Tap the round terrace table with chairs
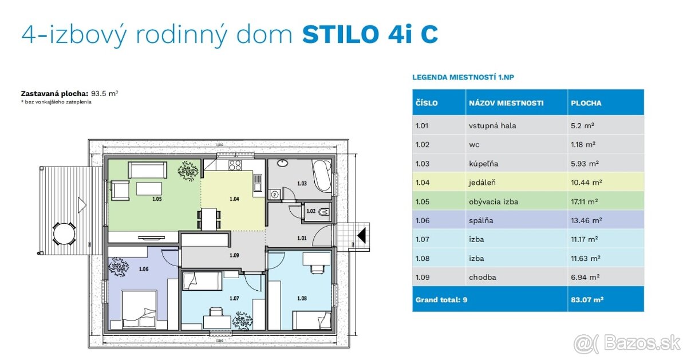64,233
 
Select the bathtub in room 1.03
320,175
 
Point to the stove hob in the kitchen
235,166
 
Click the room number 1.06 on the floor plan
144,268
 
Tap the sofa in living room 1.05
148,169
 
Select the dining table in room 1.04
210,218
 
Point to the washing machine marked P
275,195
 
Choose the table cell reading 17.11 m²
585,201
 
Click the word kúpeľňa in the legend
483,164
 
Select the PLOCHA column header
586,104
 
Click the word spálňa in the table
481,220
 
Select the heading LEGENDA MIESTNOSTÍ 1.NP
467,77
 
